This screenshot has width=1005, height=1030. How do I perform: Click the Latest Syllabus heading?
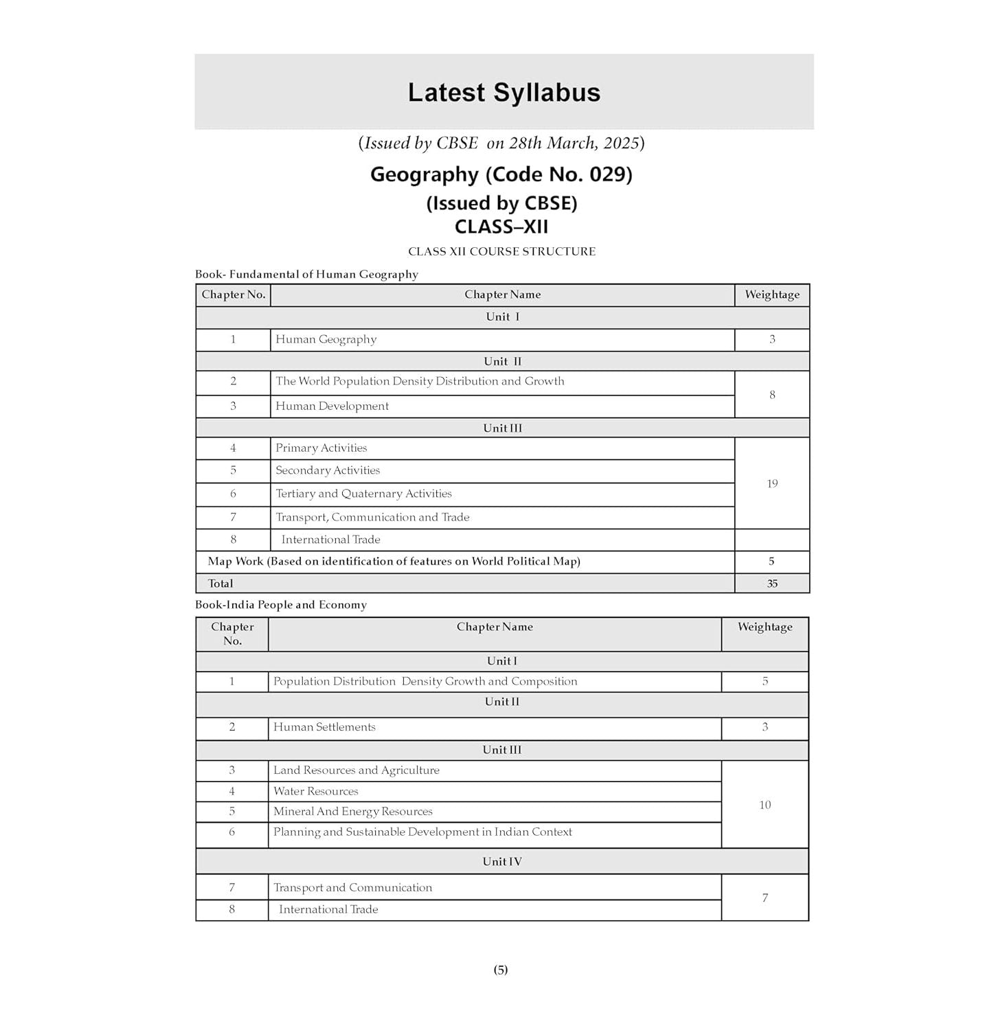tap(504, 93)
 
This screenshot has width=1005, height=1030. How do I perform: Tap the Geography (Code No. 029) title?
tap(501, 174)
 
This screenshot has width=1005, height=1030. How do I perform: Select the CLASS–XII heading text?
tap(501, 227)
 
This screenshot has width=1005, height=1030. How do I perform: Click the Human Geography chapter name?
tap(326, 339)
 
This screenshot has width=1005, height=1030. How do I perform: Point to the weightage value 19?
tap(772, 483)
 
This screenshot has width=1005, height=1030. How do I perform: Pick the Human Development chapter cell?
tap(332, 406)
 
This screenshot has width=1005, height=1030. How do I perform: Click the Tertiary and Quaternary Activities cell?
tap(363, 494)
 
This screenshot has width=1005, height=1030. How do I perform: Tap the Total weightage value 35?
tap(772, 584)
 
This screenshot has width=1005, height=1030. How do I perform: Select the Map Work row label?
tap(394, 562)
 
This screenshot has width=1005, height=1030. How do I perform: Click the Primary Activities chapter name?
tap(321, 448)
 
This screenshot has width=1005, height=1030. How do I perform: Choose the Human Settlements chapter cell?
tap(324, 727)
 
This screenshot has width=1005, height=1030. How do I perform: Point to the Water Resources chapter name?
tap(316, 791)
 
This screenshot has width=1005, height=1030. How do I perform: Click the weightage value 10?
tap(765, 805)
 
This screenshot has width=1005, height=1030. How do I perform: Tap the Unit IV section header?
tap(501, 862)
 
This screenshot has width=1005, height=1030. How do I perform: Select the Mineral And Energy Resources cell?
tap(353, 812)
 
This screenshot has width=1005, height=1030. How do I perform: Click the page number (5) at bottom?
tap(501, 970)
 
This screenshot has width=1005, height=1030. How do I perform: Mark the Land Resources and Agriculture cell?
tap(357, 770)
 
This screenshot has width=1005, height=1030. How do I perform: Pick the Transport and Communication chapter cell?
tap(353, 888)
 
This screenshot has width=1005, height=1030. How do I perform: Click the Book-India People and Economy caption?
tap(281, 605)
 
